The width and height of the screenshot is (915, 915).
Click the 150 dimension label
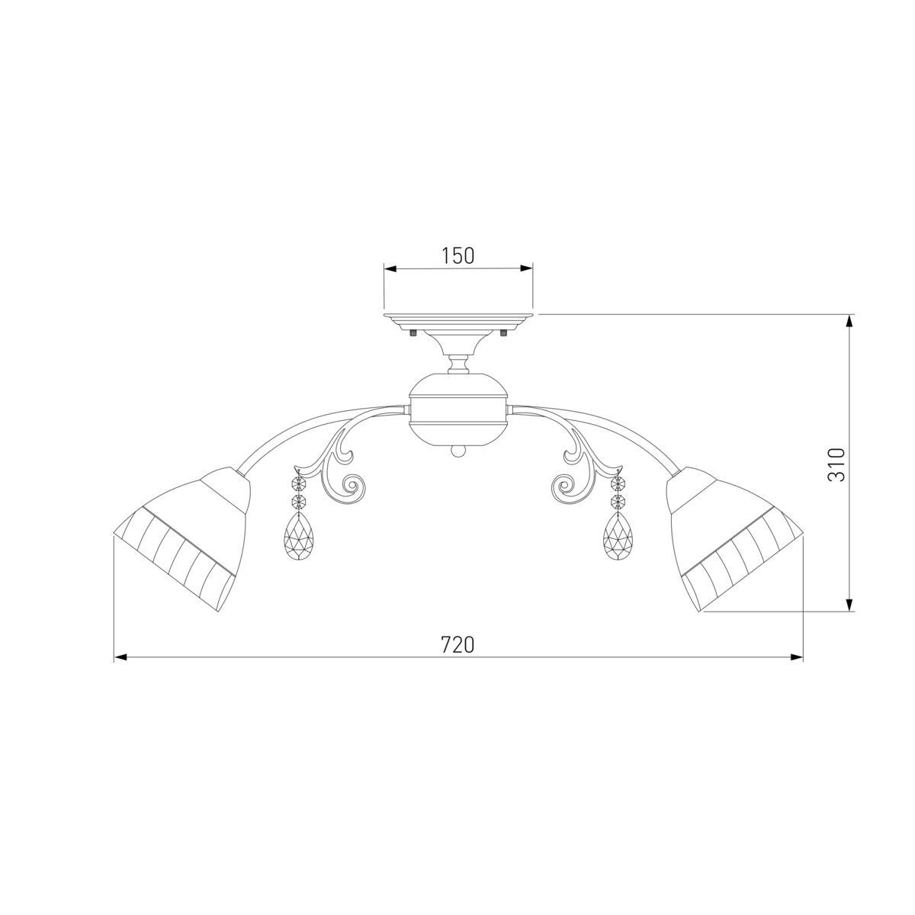[458, 255]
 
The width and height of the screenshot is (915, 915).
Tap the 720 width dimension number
[457, 645]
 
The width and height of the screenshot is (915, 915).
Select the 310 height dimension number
[836, 464]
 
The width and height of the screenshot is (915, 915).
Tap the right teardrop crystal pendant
[618, 535]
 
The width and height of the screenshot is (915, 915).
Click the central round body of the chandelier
[458, 409]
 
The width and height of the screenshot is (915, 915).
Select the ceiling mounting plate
[458, 319]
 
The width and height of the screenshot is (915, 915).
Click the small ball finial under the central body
[458, 452]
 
